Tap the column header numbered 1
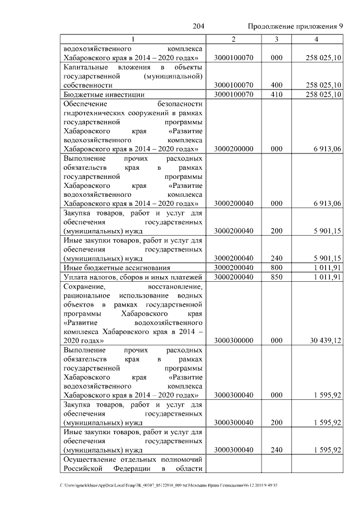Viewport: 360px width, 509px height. (133, 39)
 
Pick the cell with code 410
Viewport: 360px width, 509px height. (276, 94)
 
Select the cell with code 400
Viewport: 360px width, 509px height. (276, 85)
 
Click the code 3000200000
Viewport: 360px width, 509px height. (233, 148)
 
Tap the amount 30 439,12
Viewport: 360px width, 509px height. (326, 340)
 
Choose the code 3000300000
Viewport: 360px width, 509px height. (233, 340)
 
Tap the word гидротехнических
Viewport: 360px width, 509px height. (97, 112)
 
